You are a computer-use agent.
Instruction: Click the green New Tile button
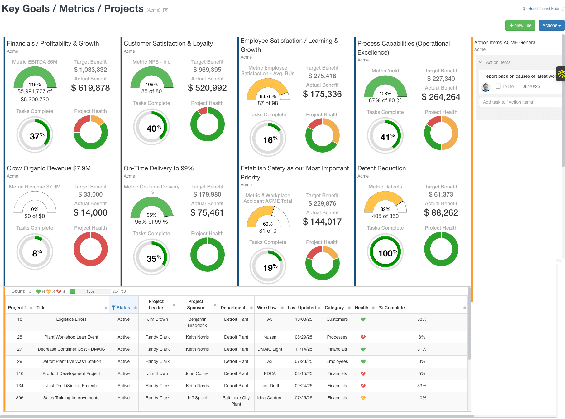[x=520, y=25]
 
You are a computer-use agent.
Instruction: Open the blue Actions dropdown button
[x=551, y=25]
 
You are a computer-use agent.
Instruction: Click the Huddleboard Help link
[x=543, y=9]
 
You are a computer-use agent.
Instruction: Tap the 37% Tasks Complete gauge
[x=35, y=135]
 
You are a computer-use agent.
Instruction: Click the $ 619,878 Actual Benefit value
[x=90, y=88]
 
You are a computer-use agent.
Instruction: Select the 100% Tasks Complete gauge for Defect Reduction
[x=385, y=252]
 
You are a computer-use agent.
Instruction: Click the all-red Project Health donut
[x=90, y=249]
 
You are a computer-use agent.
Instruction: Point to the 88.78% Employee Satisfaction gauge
[x=268, y=91]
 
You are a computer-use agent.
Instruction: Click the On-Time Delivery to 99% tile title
[x=159, y=168]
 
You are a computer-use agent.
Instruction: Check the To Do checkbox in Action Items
[x=498, y=86]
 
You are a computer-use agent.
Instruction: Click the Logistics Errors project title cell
[x=71, y=319]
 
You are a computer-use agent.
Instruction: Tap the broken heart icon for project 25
[x=363, y=337]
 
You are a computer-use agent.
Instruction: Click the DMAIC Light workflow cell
[x=270, y=349]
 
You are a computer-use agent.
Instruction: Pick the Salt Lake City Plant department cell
[x=236, y=401]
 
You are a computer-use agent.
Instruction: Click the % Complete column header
[x=392, y=308]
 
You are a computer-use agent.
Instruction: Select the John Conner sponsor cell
[x=197, y=373]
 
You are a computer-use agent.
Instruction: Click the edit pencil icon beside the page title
[x=165, y=10]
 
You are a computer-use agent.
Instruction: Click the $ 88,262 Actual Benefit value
[x=441, y=213]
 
